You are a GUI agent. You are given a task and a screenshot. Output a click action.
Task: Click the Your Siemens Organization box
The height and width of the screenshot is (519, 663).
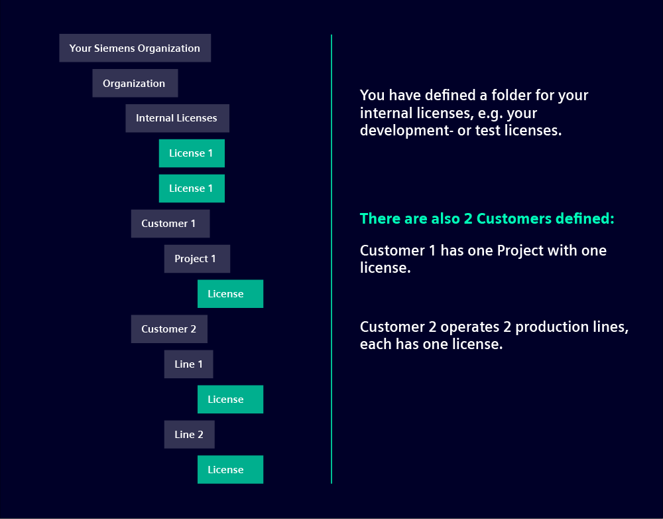(135, 48)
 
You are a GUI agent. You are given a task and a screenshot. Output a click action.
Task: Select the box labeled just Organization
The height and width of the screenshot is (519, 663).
(135, 83)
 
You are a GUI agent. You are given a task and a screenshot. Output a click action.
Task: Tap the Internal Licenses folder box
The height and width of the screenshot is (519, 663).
(177, 118)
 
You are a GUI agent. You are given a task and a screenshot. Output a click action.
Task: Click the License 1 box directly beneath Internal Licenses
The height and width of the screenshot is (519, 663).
(192, 153)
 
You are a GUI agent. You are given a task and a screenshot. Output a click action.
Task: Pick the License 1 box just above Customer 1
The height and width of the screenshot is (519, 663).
(192, 188)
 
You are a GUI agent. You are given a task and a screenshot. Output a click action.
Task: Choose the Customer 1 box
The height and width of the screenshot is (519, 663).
(170, 224)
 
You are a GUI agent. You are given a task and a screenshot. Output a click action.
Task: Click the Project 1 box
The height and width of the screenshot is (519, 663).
(197, 259)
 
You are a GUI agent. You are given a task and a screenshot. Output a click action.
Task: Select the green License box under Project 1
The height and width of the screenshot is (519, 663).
(231, 294)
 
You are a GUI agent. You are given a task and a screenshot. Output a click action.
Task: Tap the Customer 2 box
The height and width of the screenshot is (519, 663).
(169, 329)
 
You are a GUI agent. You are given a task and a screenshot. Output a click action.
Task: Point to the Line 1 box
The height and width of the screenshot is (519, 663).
(188, 364)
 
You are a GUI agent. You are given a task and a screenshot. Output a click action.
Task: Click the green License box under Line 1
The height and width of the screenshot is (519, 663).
(231, 399)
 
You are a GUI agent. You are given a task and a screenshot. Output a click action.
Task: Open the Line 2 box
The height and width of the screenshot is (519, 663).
(190, 434)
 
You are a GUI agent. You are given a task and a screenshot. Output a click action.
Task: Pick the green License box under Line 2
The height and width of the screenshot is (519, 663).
(231, 469)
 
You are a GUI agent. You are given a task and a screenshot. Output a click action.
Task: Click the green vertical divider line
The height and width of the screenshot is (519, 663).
(331, 259)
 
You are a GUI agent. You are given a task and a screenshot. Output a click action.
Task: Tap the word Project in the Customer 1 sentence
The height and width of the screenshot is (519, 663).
(520, 251)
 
